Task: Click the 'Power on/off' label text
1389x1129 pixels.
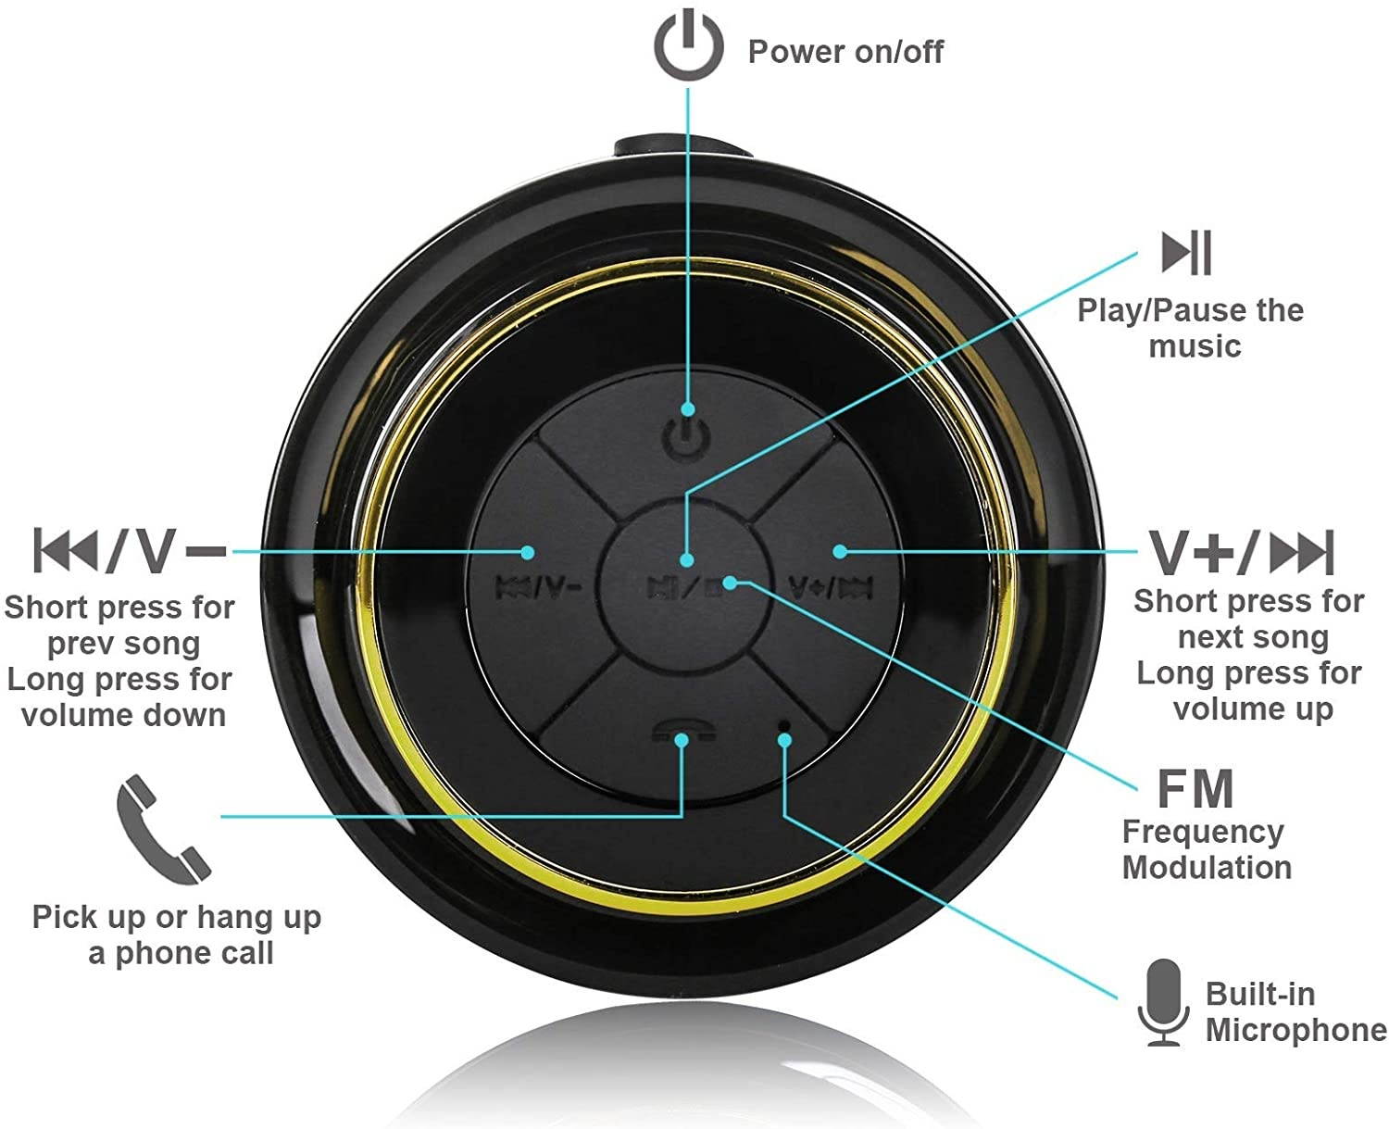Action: click(x=845, y=52)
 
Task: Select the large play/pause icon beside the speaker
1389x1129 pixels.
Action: click(x=1186, y=252)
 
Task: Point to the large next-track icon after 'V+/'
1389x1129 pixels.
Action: click(x=1301, y=553)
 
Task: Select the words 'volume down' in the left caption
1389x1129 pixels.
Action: click(x=123, y=715)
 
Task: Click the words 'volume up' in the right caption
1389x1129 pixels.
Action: click(x=1253, y=709)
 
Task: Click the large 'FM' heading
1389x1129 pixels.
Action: click(x=1195, y=788)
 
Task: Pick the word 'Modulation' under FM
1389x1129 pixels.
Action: click(x=1207, y=868)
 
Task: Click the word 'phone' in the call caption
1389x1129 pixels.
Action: click(x=156, y=953)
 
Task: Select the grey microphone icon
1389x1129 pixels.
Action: click(x=1163, y=1002)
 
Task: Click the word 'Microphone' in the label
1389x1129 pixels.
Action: click(x=1295, y=1030)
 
